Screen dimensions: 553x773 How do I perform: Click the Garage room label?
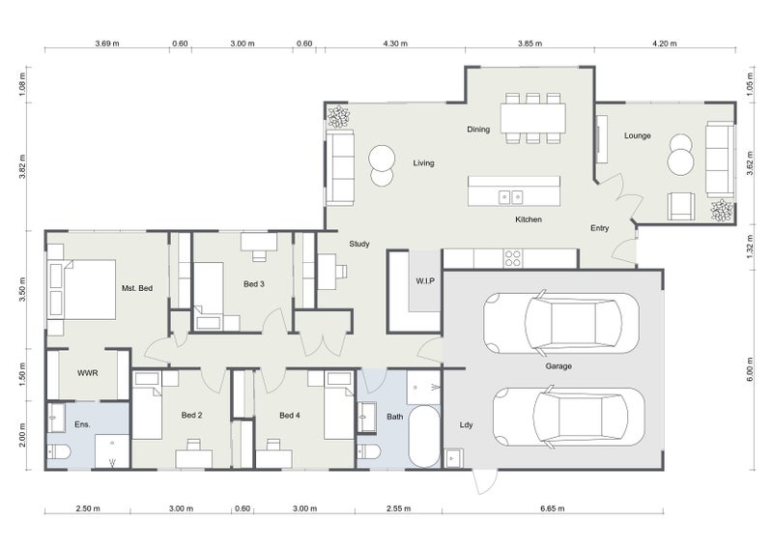pos(558,366)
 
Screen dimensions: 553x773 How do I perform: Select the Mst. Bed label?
pos(137,288)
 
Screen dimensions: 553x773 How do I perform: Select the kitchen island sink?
pos(510,197)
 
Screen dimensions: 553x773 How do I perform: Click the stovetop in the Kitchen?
pos(512,258)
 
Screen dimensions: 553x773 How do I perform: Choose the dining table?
pos(532,117)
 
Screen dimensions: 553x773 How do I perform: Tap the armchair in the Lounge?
pos(680,205)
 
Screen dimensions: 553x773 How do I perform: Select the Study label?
pos(359,245)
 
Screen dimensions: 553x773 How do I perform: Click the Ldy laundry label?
pos(466,424)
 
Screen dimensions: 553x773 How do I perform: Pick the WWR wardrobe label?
pos(88,373)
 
